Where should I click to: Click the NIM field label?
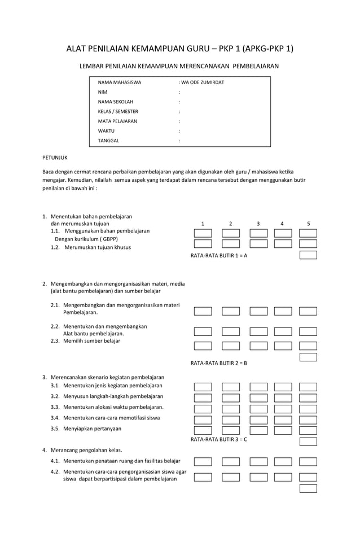pos(103,92)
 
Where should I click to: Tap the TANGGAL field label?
pos(108,141)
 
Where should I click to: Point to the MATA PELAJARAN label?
pos(117,121)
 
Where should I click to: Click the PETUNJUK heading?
pos(55,158)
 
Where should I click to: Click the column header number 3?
pos(258,224)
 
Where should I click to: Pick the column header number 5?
pos(308,224)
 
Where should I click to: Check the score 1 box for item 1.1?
pos(203,233)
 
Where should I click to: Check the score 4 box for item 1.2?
pos(283,244)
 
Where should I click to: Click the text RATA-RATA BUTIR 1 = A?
pos(219,255)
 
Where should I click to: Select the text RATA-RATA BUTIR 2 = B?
pos(219,363)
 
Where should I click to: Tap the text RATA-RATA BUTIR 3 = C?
pos(219,439)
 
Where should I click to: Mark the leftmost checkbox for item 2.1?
pos(203,311)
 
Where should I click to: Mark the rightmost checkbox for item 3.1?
pos(308,387)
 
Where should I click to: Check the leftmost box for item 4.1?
pos(203,462)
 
